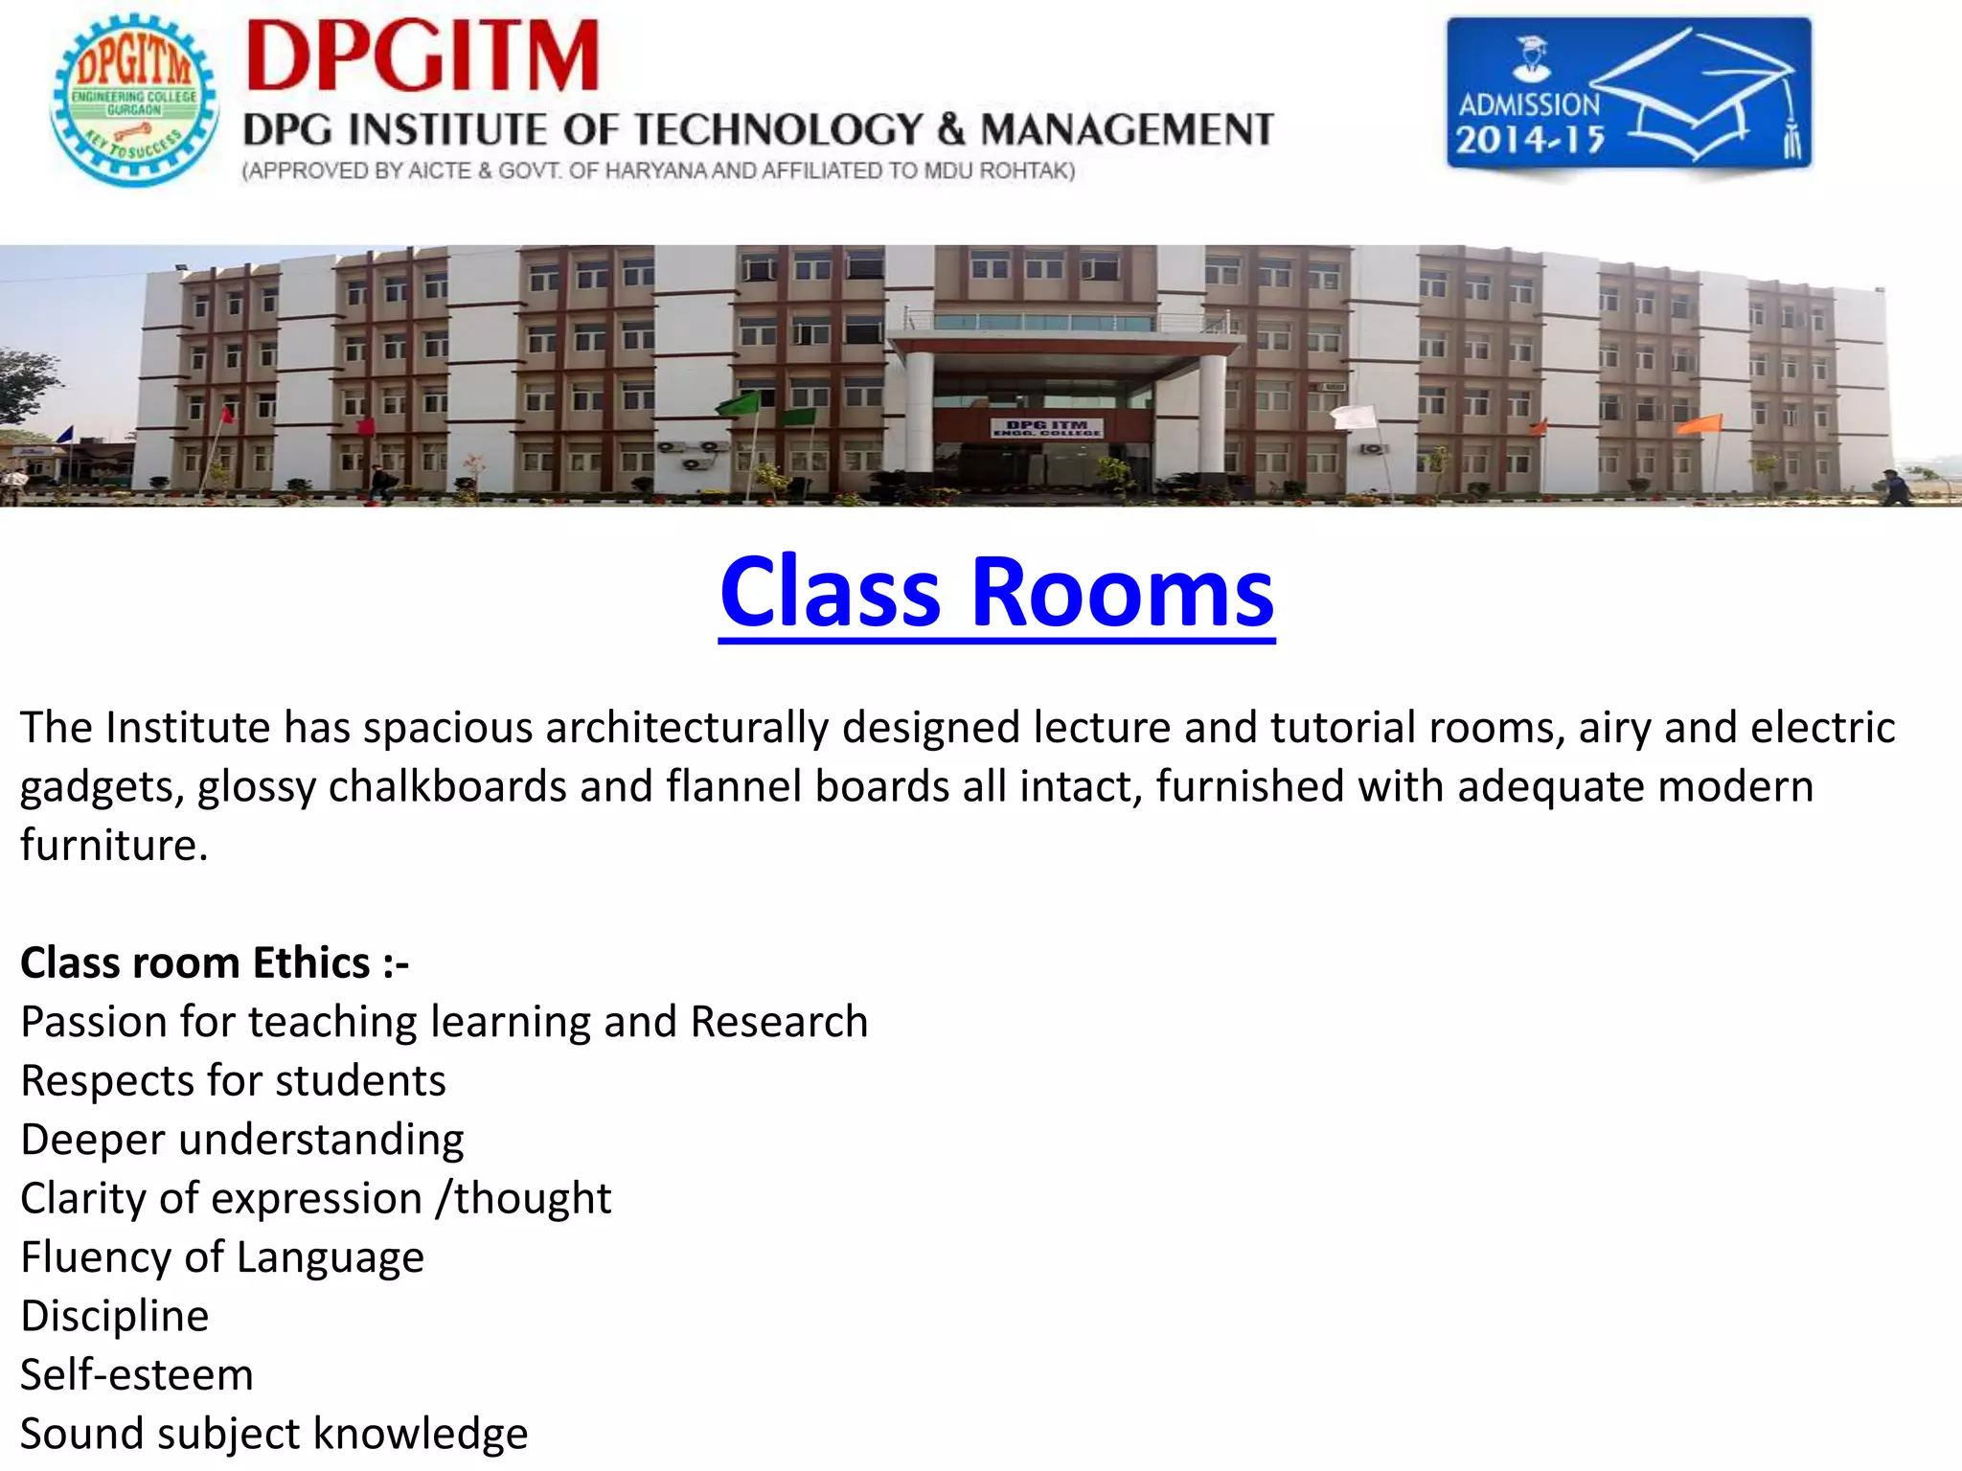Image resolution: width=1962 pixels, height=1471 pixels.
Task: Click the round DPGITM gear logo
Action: [x=134, y=100]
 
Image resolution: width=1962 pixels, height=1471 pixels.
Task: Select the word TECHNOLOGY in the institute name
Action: [x=778, y=129]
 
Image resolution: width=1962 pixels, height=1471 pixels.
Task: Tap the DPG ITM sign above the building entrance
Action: [x=1046, y=427]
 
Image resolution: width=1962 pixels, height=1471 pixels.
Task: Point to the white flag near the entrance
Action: [x=1354, y=416]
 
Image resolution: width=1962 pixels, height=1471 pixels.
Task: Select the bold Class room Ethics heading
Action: [x=215, y=962]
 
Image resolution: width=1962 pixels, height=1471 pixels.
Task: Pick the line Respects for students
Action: [x=233, y=1081]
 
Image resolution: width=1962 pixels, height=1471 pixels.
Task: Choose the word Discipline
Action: [x=115, y=1316]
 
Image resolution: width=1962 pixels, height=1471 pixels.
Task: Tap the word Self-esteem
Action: [x=137, y=1375]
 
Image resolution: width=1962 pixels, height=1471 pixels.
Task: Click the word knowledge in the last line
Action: [x=421, y=1434]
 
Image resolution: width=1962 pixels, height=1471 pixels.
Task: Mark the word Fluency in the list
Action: [x=96, y=1257]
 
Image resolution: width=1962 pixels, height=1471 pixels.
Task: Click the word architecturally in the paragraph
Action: [x=687, y=728]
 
